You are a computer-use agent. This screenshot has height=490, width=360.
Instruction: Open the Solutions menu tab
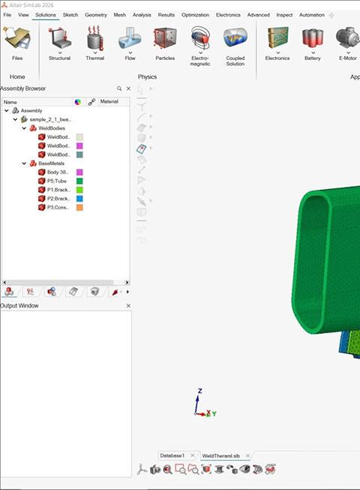[46, 15]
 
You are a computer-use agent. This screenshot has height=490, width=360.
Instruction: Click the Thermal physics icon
[95, 38]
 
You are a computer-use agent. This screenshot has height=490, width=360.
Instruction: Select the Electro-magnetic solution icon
[200, 38]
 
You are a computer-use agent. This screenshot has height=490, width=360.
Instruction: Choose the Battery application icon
[313, 38]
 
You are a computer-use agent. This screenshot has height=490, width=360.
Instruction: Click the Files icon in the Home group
[16, 38]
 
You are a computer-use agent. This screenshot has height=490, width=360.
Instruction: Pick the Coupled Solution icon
[235, 38]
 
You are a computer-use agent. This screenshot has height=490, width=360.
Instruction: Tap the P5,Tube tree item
[56, 181]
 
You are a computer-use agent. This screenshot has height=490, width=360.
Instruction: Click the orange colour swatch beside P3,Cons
[79, 208]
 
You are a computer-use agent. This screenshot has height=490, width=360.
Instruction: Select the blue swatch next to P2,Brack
[79, 199]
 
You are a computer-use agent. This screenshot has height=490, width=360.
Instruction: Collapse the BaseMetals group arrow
[24, 164]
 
